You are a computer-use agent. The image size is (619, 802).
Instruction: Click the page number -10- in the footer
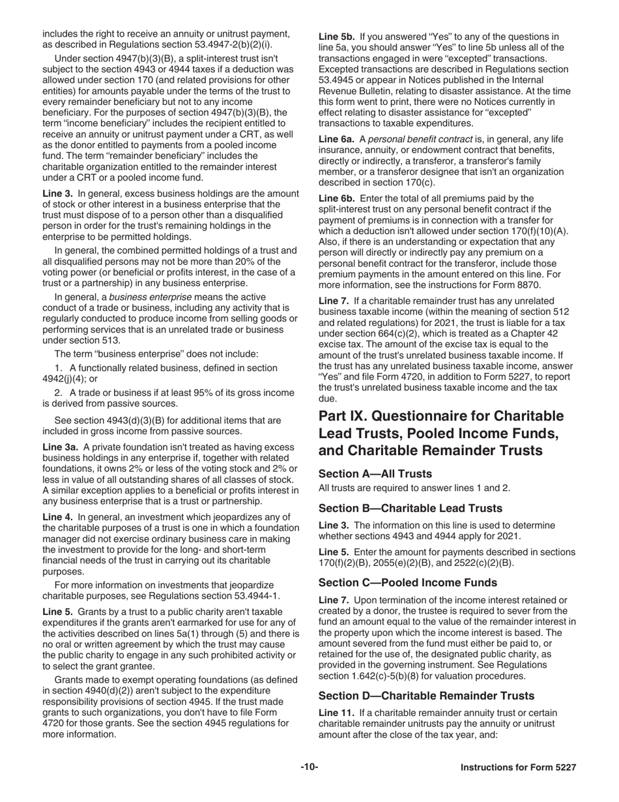[309, 767]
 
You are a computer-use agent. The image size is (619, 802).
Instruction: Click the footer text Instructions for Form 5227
[518, 767]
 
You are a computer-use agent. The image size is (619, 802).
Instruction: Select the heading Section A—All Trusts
[375, 474]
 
